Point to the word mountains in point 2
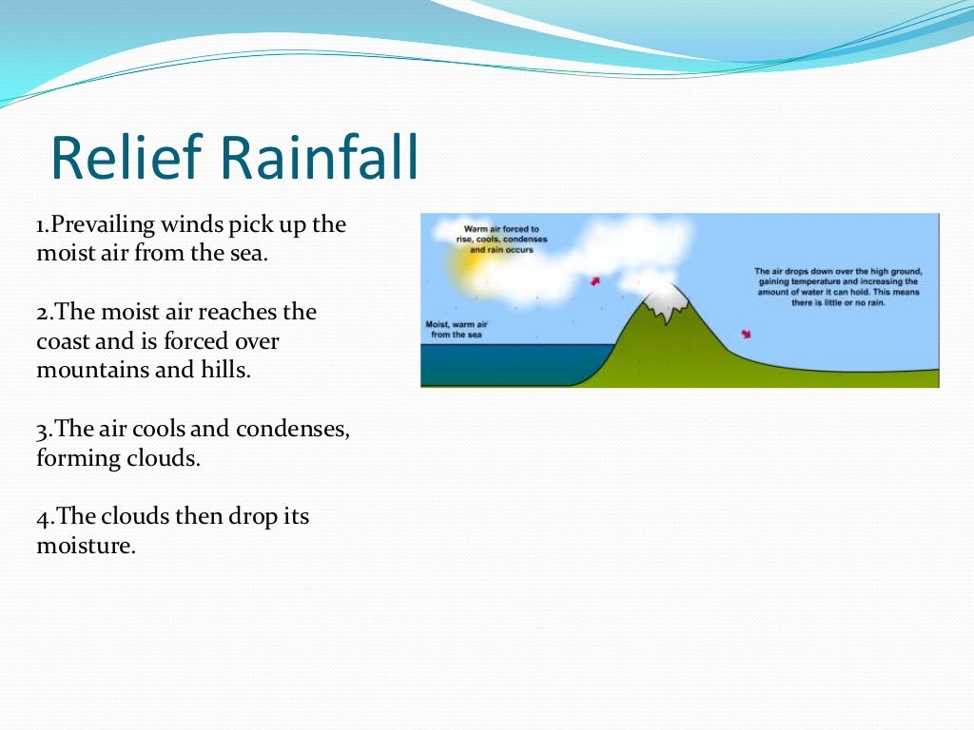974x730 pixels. (x=87, y=370)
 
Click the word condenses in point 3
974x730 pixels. (x=295, y=429)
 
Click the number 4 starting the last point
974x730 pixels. (x=42, y=517)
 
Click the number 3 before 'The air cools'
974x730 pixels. (x=42, y=430)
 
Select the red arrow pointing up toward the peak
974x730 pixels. (x=595, y=280)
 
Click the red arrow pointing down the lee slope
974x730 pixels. (x=746, y=335)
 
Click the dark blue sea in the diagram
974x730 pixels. (x=495, y=365)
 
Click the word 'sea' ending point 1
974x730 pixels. (x=254, y=254)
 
